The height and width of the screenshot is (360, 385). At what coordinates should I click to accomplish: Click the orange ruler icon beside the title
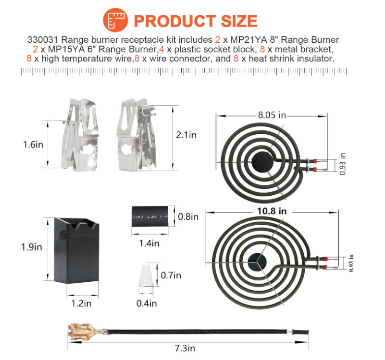115,20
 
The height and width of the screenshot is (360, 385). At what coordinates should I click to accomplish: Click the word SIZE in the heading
239,21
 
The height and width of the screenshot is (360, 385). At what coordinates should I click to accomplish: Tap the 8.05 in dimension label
272,115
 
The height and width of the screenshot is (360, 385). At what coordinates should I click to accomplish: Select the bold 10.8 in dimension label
272,211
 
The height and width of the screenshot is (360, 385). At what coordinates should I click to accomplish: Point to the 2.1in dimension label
186,135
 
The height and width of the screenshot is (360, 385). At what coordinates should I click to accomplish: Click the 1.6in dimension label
33,145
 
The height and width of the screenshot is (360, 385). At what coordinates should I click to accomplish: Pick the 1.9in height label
32,247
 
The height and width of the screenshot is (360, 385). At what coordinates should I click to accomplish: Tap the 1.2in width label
81,303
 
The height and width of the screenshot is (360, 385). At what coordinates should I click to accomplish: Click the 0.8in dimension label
188,217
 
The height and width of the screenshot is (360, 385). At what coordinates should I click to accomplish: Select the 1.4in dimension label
149,243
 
